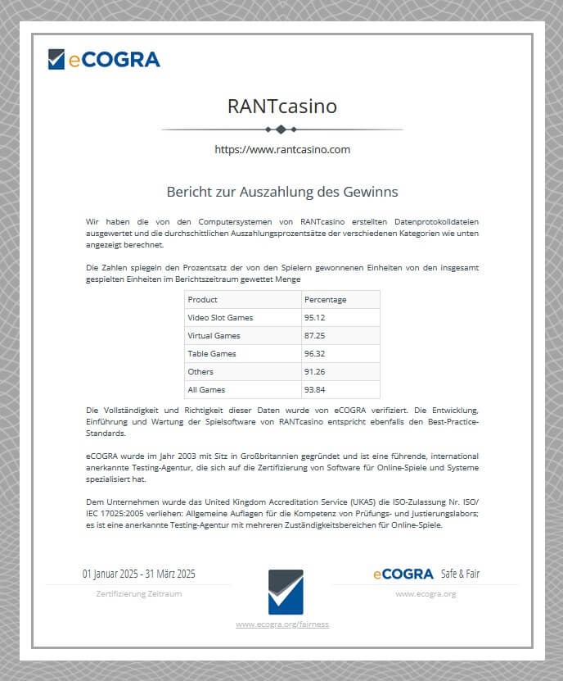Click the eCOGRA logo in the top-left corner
click(104, 59)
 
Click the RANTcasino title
click(281, 107)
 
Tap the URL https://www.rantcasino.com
click(281, 149)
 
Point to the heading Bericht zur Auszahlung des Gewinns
click(281, 192)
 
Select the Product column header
click(203, 300)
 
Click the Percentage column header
click(325, 300)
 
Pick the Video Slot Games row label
click(220, 318)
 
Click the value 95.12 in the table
click(315, 318)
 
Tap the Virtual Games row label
click(214, 336)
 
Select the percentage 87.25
click(315, 336)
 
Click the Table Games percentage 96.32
click(315, 354)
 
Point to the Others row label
click(200, 372)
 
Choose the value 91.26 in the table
click(315, 372)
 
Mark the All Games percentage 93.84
click(315, 390)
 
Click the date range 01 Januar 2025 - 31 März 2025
click(138, 574)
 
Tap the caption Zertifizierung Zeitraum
click(138, 593)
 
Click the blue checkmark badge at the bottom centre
click(286, 592)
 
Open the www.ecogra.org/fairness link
click(282, 624)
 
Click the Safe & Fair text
click(460, 574)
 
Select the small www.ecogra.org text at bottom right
click(426, 593)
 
